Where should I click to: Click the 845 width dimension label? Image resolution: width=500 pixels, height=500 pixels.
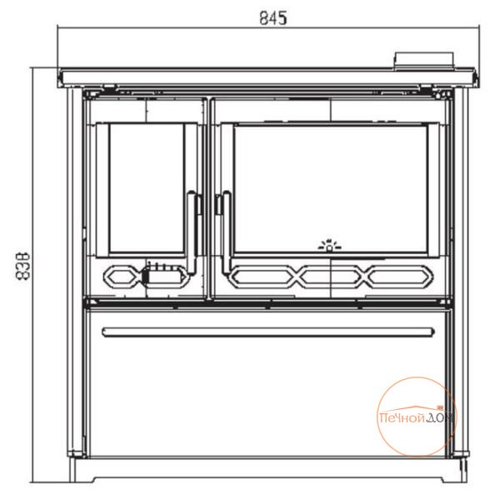coord(273,17)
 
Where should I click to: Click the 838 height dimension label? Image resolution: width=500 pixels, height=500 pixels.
coord(22,267)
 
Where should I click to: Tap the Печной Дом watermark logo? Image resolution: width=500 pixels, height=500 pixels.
coord(417,417)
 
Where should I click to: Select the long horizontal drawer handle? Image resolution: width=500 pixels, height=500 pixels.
coord(268,332)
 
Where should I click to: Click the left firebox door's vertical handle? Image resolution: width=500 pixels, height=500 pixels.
coord(192,232)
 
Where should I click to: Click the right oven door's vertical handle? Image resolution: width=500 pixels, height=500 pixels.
coord(227,232)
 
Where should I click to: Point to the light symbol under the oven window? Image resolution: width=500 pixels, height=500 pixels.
coord(329,245)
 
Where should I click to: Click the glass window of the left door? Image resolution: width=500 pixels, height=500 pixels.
coord(147,188)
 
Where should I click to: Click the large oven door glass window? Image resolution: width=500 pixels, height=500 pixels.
coord(331,189)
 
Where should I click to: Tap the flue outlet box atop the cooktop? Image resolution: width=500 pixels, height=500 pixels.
coord(424,60)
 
